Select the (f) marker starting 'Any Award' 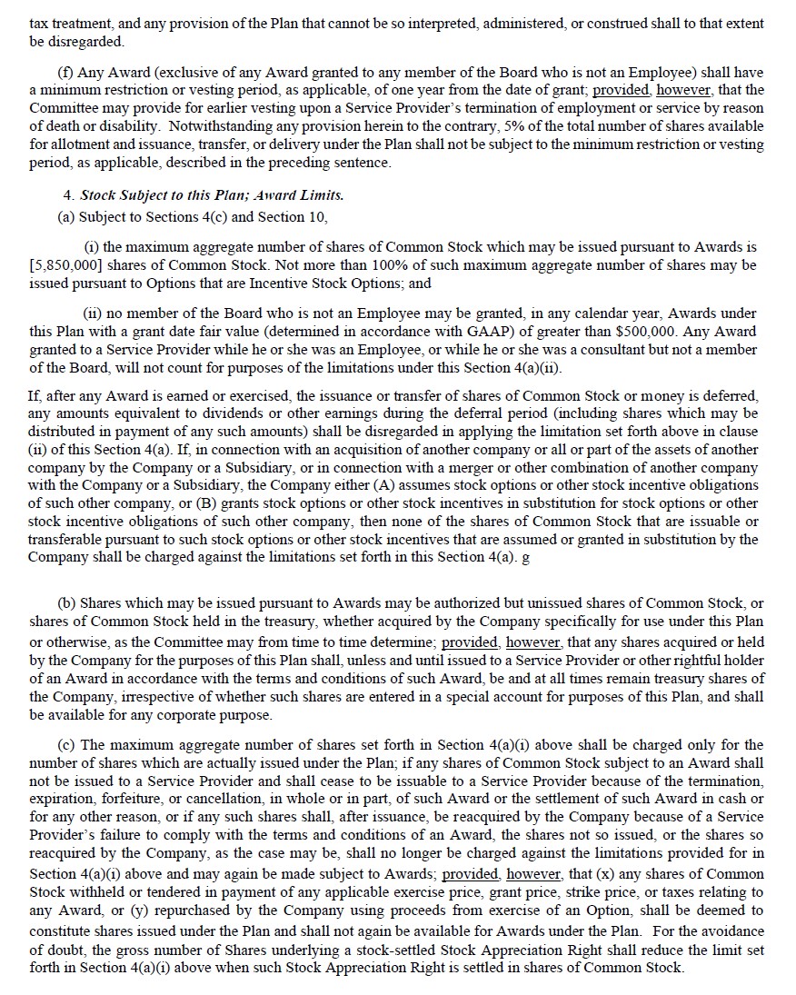click(65, 73)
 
